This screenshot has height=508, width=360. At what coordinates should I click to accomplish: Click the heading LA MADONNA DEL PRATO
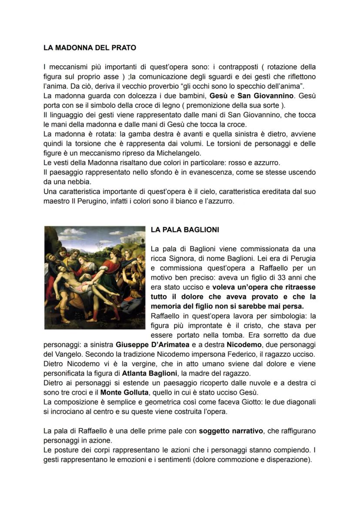coord(90,48)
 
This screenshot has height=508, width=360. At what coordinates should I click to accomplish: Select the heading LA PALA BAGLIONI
coord(185,230)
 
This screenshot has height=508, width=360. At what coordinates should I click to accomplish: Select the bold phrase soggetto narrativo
coord(230,431)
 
